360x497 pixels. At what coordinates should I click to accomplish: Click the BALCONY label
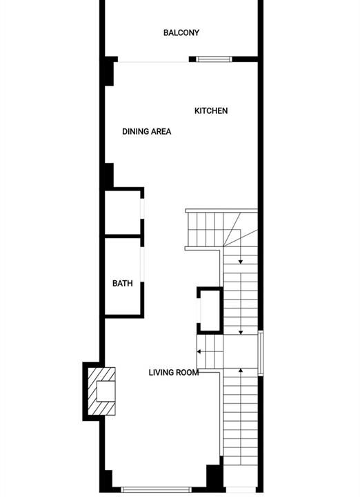coord(181,32)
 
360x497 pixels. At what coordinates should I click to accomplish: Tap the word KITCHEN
coord(211,110)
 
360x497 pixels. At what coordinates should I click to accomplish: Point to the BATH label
coord(123,283)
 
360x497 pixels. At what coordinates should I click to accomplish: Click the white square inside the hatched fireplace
coord(106,392)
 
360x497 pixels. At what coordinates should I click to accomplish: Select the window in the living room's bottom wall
coord(157,489)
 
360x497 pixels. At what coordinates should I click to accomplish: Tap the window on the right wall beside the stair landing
coord(260,353)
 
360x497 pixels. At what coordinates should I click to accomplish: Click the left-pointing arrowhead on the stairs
coord(199,351)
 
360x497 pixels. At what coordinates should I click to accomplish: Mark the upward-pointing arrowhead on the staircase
coord(241,370)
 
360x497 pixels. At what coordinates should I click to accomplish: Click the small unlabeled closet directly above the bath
coord(123,213)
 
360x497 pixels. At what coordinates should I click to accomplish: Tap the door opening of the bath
coord(143,264)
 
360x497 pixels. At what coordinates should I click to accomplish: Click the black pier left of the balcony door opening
coord(109,71)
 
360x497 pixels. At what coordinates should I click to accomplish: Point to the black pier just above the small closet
coord(109,175)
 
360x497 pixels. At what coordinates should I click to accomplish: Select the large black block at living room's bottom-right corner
coord(214,477)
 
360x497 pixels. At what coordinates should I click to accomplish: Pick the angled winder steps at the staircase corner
coord(241,229)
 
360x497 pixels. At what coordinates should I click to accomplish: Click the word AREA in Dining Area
coord(161,131)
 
